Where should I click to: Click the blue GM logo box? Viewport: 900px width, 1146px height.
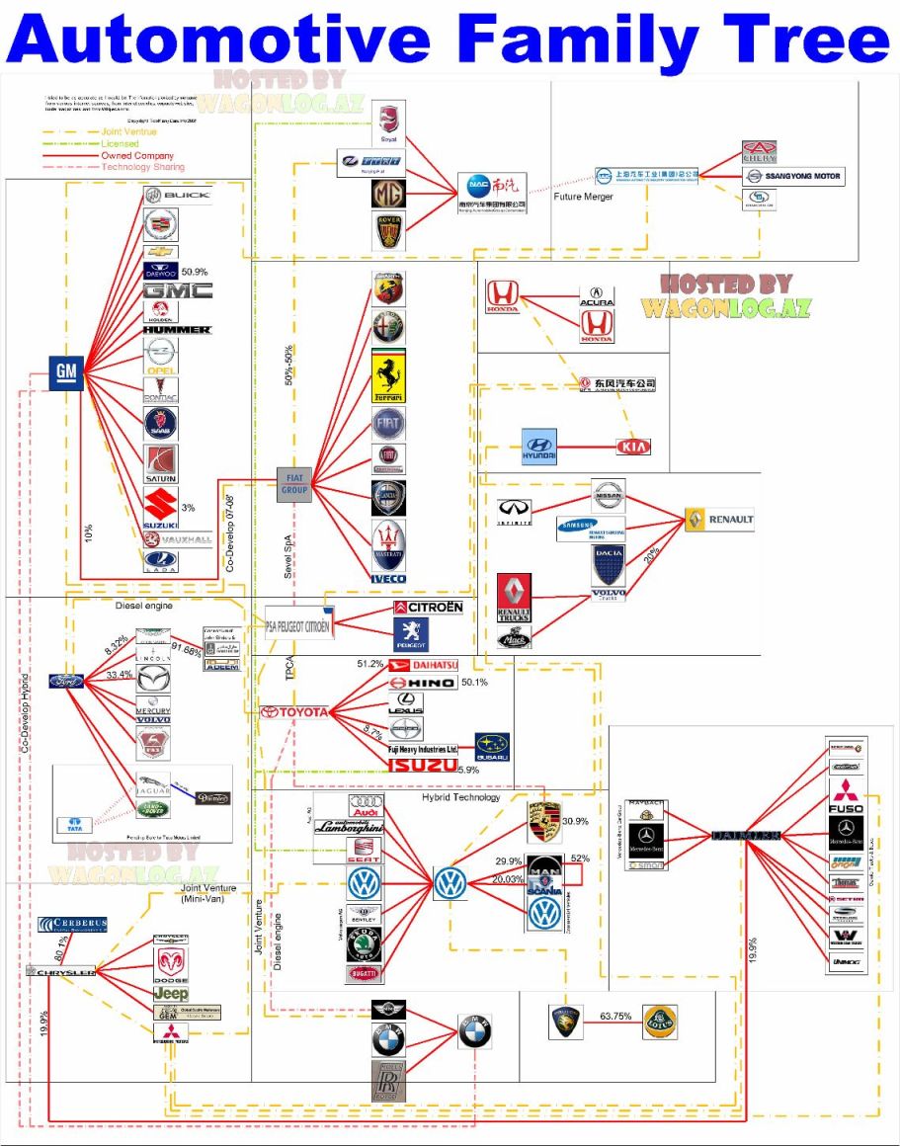65,371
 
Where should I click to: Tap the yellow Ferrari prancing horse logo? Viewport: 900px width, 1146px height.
389,374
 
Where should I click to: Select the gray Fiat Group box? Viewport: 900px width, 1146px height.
294,483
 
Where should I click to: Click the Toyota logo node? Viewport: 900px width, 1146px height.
294,711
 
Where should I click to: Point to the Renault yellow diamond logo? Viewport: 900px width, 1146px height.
719,520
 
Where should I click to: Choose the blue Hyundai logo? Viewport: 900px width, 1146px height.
539,447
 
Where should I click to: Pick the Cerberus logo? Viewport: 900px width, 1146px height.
72,926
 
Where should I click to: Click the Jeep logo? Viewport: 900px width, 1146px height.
170,993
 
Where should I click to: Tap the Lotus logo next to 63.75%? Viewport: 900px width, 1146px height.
660,1023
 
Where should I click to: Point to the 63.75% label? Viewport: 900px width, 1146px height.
615,1016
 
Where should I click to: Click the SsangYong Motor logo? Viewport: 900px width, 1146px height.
793,177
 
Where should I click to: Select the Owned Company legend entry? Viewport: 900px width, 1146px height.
136,156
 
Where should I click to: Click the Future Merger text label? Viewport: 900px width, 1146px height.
583,197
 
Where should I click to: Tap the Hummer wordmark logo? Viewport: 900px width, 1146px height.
177,329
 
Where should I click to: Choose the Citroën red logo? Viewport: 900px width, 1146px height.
428,607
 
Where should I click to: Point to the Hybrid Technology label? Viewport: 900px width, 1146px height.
460,797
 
